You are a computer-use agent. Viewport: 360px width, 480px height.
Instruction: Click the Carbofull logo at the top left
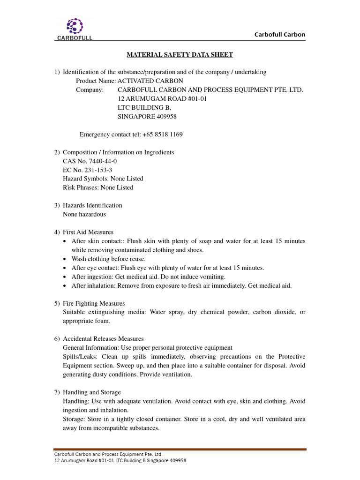point(75,29)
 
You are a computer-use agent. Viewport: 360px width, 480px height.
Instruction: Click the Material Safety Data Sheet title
point(180,55)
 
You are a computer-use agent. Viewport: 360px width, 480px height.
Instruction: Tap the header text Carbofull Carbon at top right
point(279,34)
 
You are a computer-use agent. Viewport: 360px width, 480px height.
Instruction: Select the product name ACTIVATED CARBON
point(150,81)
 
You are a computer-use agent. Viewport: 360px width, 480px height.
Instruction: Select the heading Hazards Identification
point(92,205)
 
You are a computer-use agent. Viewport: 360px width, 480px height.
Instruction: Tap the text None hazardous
point(84,214)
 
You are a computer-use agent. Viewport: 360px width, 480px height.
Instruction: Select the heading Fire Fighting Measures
point(94,303)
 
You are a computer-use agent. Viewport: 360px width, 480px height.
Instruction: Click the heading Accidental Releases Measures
point(103,338)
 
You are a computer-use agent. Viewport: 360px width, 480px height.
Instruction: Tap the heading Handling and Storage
point(92,392)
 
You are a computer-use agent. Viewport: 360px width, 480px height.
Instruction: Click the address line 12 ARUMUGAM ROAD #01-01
point(162,99)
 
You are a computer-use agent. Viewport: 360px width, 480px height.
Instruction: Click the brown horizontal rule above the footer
point(180,450)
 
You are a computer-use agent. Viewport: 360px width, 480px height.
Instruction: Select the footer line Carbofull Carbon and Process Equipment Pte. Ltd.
point(108,454)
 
